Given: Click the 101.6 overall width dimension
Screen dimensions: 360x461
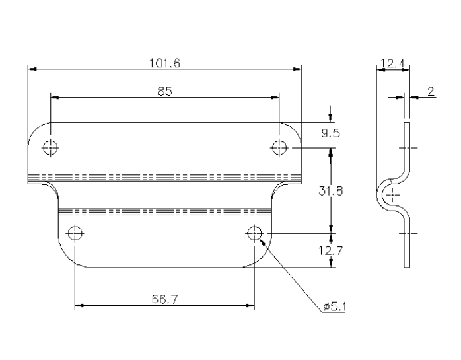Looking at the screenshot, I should coord(165,63).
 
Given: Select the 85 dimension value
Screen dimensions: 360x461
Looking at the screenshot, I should coord(165,92).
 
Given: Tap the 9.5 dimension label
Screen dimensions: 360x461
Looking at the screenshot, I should coord(330,133).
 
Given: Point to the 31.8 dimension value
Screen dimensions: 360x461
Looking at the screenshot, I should coord(330,191).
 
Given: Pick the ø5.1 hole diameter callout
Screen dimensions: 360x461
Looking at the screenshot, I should coord(336,306).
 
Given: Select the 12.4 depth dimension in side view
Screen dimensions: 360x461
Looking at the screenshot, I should coord(392,64).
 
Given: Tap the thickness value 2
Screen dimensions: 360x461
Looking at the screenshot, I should coord(431,92).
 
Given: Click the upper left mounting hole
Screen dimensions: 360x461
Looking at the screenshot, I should coord(50,147).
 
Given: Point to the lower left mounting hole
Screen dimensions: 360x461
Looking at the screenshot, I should coord(75,233).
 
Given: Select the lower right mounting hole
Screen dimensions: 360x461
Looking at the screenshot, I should coord(254,233).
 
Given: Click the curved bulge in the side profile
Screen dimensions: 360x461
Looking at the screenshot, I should coord(381,195).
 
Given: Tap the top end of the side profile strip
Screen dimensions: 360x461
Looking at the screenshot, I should coord(407,124).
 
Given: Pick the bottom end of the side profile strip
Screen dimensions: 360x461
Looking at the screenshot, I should coord(407,265).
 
